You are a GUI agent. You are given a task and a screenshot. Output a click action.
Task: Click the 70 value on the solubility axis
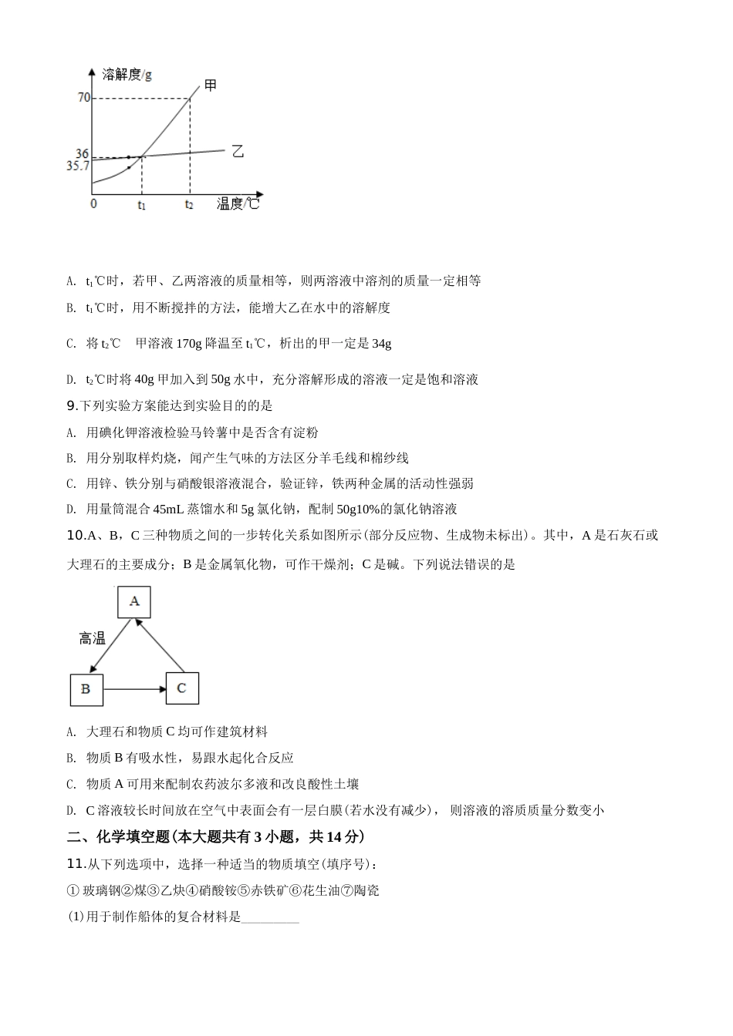[x=83, y=98]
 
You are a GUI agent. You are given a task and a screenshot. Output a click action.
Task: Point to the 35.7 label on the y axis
[x=78, y=166]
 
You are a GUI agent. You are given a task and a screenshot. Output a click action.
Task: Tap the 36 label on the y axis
[x=83, y=154]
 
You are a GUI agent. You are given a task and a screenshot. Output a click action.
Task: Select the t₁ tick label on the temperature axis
[x=142, y=205]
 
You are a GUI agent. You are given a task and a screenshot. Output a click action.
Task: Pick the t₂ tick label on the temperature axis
[x=189, y=205]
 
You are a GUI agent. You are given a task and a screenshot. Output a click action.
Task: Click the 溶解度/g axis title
[x=127, y=74]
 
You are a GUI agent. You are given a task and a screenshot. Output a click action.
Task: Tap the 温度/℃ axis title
[x=238, y=203]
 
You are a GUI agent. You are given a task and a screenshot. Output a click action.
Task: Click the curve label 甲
[x=211, y=85]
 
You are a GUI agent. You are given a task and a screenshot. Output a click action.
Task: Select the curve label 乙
[x=238, y=151]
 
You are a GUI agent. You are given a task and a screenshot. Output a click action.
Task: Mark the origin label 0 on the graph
[x=94, y=203]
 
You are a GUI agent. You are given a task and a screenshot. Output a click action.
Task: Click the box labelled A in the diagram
[x=134, y=601]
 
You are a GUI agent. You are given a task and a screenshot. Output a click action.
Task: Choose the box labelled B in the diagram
[x=86, y=689]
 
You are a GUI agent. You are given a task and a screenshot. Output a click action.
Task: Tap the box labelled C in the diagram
[x=181, y=688]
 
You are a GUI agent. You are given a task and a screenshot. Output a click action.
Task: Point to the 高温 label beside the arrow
[x=92, y=638]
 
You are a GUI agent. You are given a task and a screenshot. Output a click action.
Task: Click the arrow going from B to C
[x=133, y=689]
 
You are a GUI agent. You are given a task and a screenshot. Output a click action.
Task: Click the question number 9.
[x=73, y=405]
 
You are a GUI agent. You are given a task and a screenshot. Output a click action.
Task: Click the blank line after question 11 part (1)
[x=270, y=917]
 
